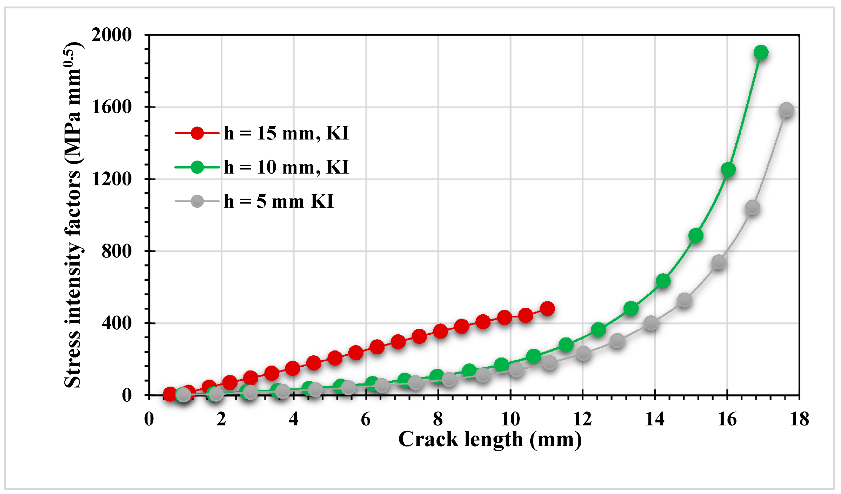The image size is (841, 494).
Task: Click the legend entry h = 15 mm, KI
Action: [286, 133]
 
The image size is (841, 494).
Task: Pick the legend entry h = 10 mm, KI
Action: [286, 167]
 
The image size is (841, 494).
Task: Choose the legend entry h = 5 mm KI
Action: [278, 201]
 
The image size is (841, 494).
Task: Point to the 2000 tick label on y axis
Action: [111, 35]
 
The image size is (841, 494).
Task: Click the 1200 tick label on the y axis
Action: [111, 179]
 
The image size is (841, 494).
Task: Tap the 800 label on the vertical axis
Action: [116, 251]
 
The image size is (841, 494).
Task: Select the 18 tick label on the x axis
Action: [799, 419]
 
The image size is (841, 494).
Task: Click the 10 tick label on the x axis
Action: [510, 419]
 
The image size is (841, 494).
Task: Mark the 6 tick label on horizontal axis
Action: [365, 419]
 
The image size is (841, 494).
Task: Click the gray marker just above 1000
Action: [752, 207]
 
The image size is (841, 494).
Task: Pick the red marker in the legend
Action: [197, 133]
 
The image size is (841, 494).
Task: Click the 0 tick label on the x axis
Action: [149, 419]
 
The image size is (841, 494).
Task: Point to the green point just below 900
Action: [695, 236]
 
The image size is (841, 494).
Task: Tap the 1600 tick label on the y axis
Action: [111, 107]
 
